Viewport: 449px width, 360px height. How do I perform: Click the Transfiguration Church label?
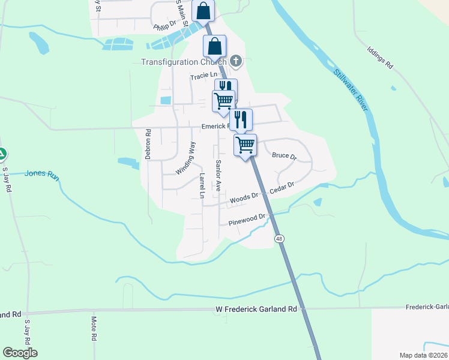pyautogui.click(x=183, y=62)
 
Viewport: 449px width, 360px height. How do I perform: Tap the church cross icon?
pyautogui.click(x=236, y=61)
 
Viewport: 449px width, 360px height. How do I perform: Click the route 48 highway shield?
pyautogui.click(x=279, y=239)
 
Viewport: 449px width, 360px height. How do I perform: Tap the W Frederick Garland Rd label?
pyautogui.click(x=256, y=309)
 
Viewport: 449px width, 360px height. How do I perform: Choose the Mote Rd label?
pyautogui.click(x=94, y=329)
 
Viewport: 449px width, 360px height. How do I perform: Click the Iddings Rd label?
pyautogui.click(x=381, y=58)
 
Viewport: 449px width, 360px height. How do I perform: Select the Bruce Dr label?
pyautogui.click(x=285, y=155)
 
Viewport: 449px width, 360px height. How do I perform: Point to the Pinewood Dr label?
pyautogui.click(x=247, y=220)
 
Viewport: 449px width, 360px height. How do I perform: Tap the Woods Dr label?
pyautogui.click(x=244, y=197)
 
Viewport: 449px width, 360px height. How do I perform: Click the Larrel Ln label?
pyautogui.click(x=202, y=186)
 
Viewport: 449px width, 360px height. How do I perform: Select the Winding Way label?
pyautogui.click(x=185, y=158)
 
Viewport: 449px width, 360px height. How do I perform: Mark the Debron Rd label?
pyautogui.click(x=147, y=143)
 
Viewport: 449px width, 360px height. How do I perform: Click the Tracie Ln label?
pyautogui.click(x=203, y=76)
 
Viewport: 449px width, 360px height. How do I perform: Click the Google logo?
pyautogui.click(x=20, y=353)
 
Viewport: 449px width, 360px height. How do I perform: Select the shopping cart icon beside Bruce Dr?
pyautogui.click(x=245, y=144)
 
